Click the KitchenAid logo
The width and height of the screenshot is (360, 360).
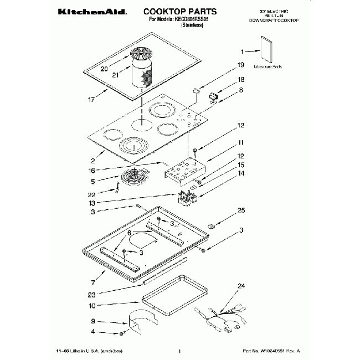pos(92,11)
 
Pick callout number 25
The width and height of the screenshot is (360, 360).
pos(241,210)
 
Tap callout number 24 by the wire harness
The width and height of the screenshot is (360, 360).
pos(241,286)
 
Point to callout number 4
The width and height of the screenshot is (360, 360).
pos(92,332)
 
